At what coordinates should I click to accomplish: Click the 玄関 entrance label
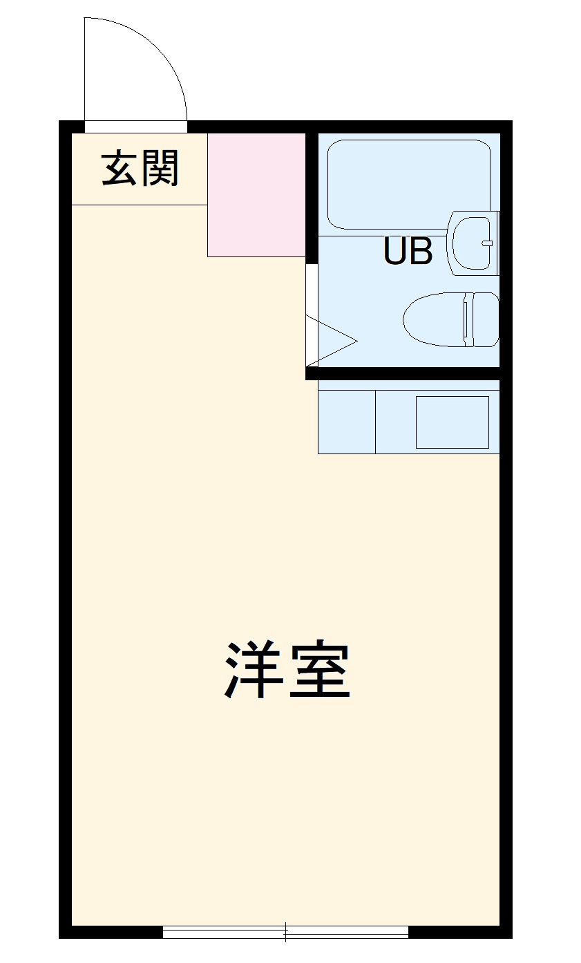(140, 168)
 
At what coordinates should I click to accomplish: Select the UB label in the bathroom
(408, 252)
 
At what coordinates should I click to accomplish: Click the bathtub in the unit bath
(408, 183)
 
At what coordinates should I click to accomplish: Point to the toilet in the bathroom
(442, 319)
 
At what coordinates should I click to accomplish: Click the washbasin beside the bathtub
(473, 243)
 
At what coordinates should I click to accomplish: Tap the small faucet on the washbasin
(487, 243)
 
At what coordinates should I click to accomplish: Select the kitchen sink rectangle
(452, 422)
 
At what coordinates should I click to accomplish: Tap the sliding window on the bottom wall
(285, 932)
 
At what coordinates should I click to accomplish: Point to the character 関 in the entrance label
(161, 168)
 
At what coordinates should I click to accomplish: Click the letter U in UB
(396, 252)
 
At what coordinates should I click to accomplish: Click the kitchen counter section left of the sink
(346, 422)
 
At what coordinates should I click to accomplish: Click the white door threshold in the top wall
(135, 127)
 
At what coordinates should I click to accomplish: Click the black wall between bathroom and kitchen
(408, 374)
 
